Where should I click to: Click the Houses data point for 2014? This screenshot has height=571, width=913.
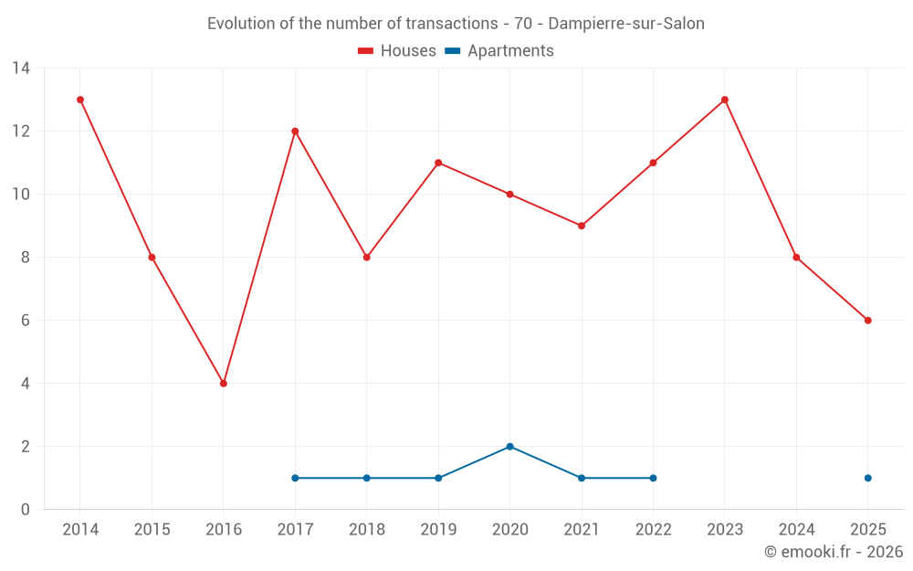(80, 100)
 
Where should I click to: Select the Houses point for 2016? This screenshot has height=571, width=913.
(224, 384)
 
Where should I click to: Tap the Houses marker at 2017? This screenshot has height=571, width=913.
(295, 132)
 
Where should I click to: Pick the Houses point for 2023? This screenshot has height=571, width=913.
(725, 100)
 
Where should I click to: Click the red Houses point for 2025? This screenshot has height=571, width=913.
(868, 321)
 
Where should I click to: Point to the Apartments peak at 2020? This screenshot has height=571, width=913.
(510, 447)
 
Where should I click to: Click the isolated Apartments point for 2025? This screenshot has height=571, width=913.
(868, 478)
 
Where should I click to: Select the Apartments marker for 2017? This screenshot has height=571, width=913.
(295, 478)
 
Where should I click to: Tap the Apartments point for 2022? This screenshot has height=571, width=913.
(653, 478)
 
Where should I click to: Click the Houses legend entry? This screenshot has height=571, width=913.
(397, 51)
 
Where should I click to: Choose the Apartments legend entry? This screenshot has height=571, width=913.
(499, 51)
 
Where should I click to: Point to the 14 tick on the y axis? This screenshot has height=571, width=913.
(21, 69)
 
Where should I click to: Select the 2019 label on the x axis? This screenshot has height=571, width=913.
(438, 530)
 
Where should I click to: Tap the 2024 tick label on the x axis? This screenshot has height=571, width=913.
(796, 530)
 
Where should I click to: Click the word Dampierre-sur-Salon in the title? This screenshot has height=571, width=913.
(626, 24)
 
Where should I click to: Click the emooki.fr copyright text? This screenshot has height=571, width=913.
(834, 552)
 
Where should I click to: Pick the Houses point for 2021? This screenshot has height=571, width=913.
(582, 226)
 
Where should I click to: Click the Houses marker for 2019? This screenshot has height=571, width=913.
(438, 163)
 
